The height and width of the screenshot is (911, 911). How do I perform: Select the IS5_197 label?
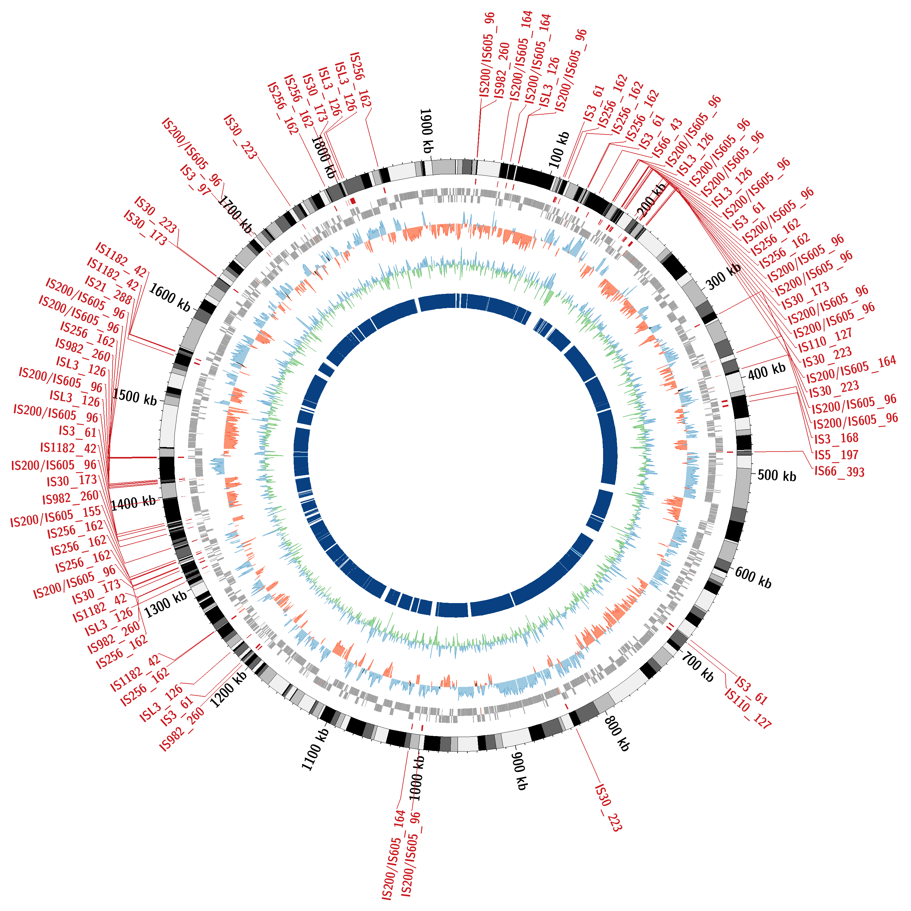(x=837, y=455)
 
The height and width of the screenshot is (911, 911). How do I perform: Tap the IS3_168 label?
(x=836, y=438)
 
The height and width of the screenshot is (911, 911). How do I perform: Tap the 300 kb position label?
(x=723, y=276)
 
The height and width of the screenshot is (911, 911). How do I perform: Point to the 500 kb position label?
(x=776, y=475)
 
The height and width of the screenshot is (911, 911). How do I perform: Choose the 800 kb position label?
(x=617, y=733)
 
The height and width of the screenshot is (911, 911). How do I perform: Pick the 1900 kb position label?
(x=426, y=131)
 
